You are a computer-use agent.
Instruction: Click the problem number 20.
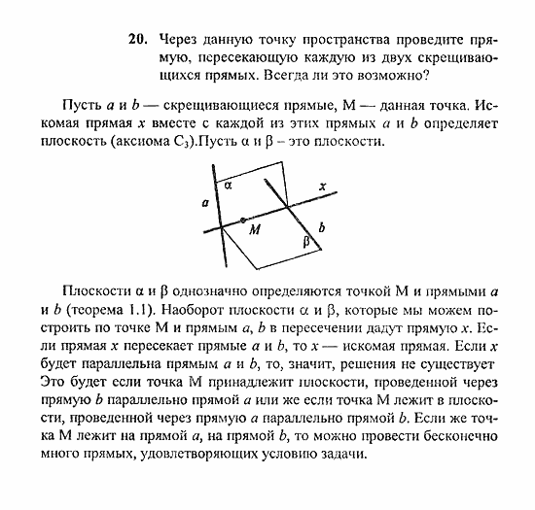click(135, 41)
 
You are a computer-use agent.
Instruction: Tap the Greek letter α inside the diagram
click(227, 184)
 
